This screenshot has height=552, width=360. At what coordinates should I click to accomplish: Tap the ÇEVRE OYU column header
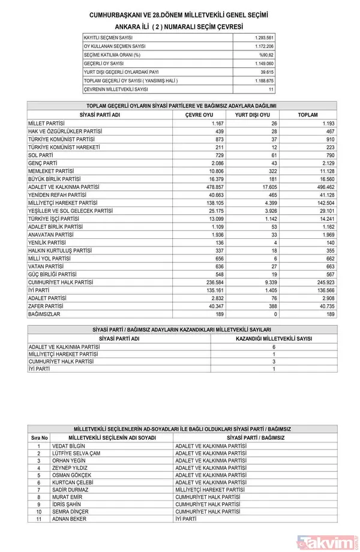[x=199, y=115]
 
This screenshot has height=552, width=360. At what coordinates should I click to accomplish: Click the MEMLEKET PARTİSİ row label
[x=51, y=171]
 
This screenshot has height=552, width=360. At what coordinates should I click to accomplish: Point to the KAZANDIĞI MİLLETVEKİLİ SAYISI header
[x=274, y=338]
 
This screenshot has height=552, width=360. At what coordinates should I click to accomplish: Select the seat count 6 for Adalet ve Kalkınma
[x=274, y=347]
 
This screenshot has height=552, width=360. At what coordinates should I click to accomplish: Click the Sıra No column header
[x=38, y=438]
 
